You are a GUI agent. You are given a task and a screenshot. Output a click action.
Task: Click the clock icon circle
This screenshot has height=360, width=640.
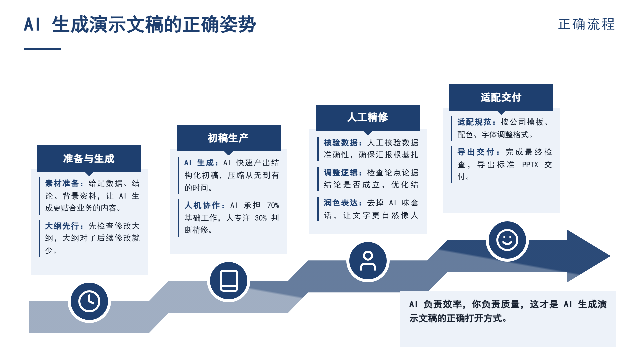pos(89,301)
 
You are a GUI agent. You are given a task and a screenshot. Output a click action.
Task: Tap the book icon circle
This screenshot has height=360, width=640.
pos(229,281)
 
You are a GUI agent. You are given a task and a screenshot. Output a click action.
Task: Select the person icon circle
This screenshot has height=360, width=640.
pos(368,261)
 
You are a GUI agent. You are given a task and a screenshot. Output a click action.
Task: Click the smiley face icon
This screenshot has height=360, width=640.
pos(507,240)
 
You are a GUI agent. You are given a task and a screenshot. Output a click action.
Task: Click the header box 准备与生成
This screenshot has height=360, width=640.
pos(89,159)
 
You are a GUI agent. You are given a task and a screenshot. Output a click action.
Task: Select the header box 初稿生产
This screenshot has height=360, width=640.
pos(229,138)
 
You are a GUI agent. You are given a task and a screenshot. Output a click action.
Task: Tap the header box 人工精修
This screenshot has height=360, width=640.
pos(368,118)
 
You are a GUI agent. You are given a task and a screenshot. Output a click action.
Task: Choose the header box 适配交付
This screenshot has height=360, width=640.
pos(501,97)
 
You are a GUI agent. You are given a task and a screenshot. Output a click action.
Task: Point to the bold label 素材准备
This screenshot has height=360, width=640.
pos(62,183)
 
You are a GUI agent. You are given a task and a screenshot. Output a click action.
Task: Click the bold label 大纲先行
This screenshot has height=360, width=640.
pos(62,226)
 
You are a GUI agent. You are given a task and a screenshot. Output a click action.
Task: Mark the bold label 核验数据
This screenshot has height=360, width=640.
pos(341,143)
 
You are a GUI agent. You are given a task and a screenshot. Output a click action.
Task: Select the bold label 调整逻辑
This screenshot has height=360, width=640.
pos(341,173)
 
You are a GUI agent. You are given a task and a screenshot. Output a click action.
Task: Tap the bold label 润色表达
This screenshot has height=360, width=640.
pos(341,203)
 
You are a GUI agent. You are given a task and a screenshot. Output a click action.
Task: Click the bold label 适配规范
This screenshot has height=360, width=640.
pos(474,122)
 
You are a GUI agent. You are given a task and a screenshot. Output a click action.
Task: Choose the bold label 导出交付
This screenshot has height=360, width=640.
pos(476,152)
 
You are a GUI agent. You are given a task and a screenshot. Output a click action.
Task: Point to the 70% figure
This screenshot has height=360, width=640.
pos(273,205)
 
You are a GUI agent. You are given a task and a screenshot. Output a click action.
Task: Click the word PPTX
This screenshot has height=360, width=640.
pos(530,165)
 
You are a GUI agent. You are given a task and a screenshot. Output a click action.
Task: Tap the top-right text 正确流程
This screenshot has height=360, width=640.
pos(587,24)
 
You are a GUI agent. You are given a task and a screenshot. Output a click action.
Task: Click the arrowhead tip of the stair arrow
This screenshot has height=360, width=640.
pos(610,256)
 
